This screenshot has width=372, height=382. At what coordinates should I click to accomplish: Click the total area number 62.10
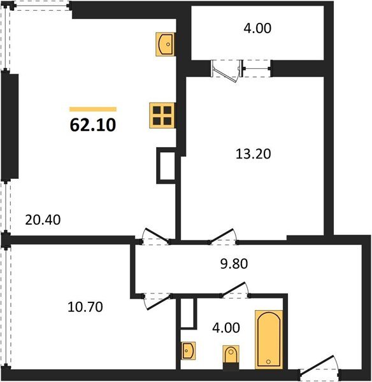coord(92,125)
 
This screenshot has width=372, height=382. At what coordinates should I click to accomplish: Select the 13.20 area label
coord(248,153)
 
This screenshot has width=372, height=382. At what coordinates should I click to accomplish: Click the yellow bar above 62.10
coord(93,109)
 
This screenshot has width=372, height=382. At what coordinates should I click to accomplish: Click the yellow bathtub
coord(269,339)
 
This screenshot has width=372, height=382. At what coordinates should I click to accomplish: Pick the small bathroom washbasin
coord(189,350)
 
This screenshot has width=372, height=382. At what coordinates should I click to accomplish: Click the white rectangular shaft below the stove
coord(166,166)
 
